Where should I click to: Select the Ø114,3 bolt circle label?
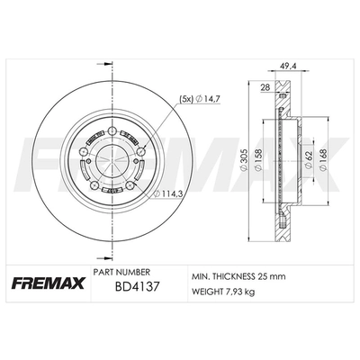coord(166,193)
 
